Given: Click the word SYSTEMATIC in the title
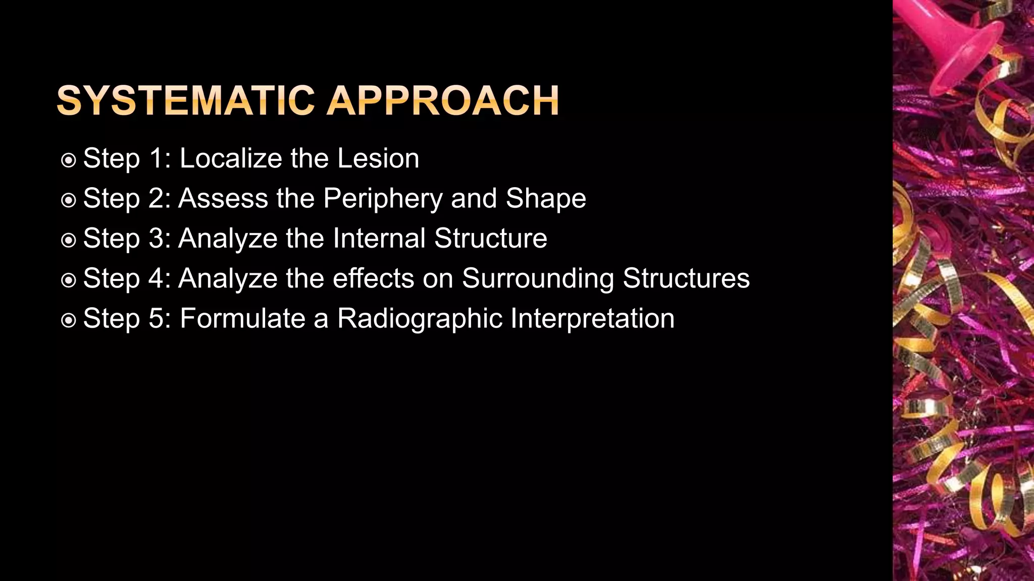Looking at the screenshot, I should pyautogui.click(x=186, y=100).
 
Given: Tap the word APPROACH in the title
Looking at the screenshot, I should pyautogui.click(x=443, y=100).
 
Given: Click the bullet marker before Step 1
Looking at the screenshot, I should pyautogui.click(x=68, y=160).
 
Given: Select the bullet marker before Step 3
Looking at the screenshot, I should pyautogui.click(x=68, y=240).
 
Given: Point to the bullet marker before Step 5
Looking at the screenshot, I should pyautogui.click(x=68, y=320).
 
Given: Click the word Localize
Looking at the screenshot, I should pyautogui.click(x=230, y=158).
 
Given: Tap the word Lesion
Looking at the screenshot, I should pyautogui.click(x=378, y=158).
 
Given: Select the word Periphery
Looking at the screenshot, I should pyautogui.click(x=383, y=199).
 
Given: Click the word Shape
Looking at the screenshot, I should pyautogui.click(x=546, y=199).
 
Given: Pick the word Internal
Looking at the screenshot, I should pyautogui.click(x=379, y=238).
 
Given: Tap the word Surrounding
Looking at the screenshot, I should pyautogui.click(x=538, y=279).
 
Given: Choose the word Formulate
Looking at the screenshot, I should pyautogui.click(x=242, y=318).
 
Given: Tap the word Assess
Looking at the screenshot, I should pyautogui.click(x=223, y=199).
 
